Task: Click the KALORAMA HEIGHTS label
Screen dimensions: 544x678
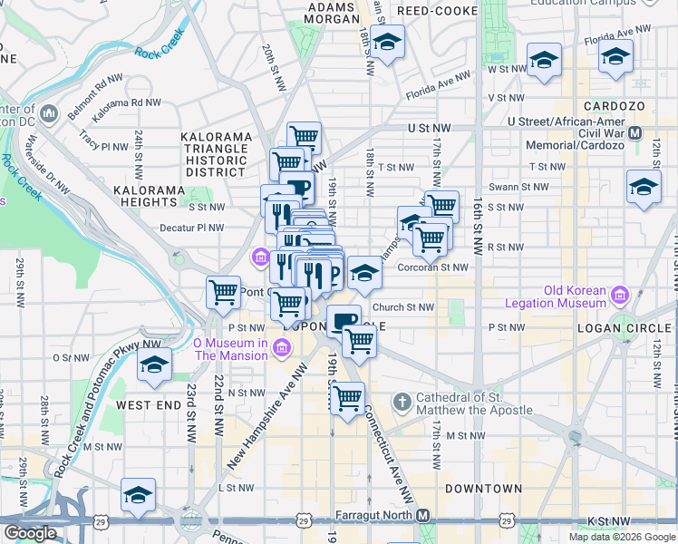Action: coord(149,190)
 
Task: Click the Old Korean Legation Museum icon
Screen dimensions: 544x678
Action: coord(621,296)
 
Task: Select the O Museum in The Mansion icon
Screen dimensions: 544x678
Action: coord(282,348)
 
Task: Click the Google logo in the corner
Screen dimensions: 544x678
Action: coord(30,533)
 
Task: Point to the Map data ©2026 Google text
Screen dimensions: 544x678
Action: coord(622,537)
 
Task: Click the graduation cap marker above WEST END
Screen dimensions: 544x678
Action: coord(155,365)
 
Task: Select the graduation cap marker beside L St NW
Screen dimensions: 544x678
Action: coord(139,495)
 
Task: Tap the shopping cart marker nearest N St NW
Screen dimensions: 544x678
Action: coord(346,398)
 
